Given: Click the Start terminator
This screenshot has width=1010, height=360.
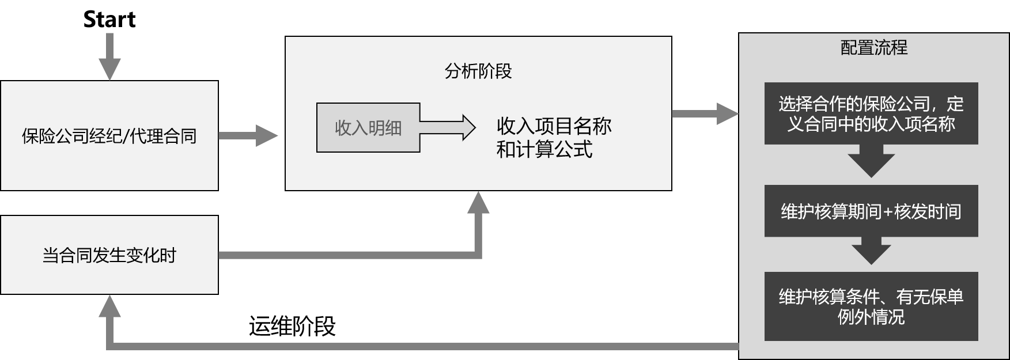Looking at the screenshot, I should coord(109,20).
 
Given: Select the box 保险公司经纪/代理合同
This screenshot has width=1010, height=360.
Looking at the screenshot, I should coord(109,136).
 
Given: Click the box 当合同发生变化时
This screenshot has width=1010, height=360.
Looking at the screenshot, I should coord(109,255).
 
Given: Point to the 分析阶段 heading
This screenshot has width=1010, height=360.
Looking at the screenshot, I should coord(478,71).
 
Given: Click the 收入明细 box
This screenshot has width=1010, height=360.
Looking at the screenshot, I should coord(368,128).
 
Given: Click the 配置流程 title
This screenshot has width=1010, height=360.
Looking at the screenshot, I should coord(873,47).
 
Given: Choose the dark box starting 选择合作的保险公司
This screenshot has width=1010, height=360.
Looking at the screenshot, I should coord(871,113).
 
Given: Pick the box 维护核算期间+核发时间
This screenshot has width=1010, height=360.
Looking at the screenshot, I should coord(871,211).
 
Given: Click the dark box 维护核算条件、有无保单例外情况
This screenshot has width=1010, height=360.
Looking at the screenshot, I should coord(871,306).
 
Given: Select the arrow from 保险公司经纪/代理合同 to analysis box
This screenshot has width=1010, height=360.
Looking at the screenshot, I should coord(248,136).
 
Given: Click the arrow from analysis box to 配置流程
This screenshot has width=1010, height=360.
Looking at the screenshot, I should coord(705,114).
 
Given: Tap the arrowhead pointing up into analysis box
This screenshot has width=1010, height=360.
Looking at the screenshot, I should coord(478,203).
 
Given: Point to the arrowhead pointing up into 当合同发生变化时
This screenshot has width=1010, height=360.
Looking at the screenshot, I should coord(109,306).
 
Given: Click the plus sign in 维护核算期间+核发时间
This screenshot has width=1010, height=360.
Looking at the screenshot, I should coord(887,212).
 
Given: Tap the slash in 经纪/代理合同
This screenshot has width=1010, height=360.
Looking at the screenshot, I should coord(126,137).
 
